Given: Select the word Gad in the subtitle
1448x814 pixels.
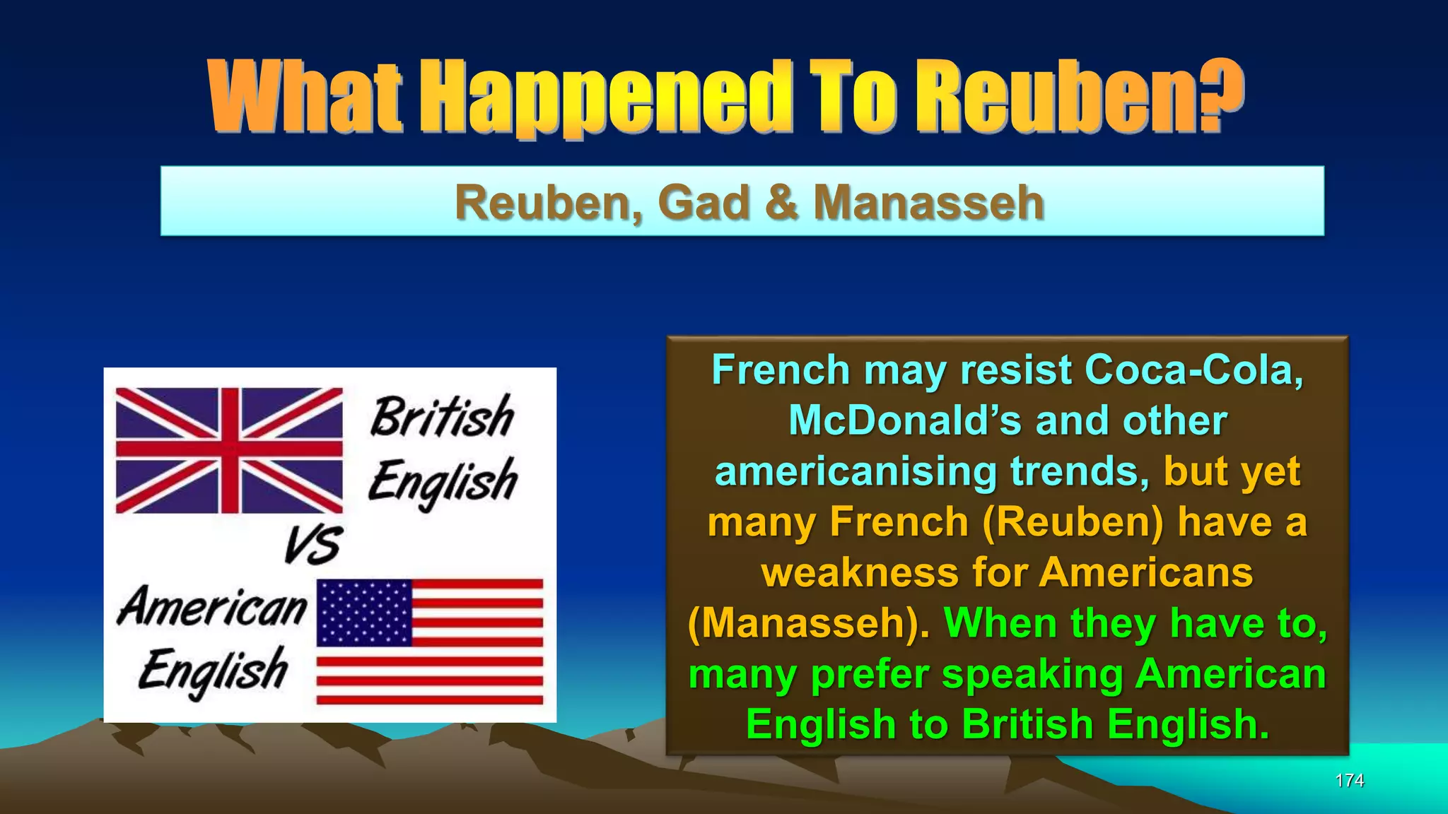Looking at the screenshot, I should (703, 203).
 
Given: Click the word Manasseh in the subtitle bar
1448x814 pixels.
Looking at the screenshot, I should (928, 203).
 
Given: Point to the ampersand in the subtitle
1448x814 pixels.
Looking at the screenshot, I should (782, 203).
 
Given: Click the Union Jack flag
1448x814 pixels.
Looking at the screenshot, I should (229, 450).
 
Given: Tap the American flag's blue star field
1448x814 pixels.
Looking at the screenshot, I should (364, 612).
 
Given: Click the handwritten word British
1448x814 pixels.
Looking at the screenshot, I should (443, 416).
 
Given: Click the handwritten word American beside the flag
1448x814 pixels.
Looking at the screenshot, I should (213, 608).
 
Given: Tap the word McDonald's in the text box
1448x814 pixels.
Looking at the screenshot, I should (905, 420).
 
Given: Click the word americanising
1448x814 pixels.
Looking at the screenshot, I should (856, 471).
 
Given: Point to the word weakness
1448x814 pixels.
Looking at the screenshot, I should (860, 572).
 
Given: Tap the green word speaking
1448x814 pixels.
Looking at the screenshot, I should (1032, 674).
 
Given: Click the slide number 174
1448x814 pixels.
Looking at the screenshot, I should (1349, 780).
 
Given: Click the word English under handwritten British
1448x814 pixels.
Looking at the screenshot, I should (443, 480).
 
